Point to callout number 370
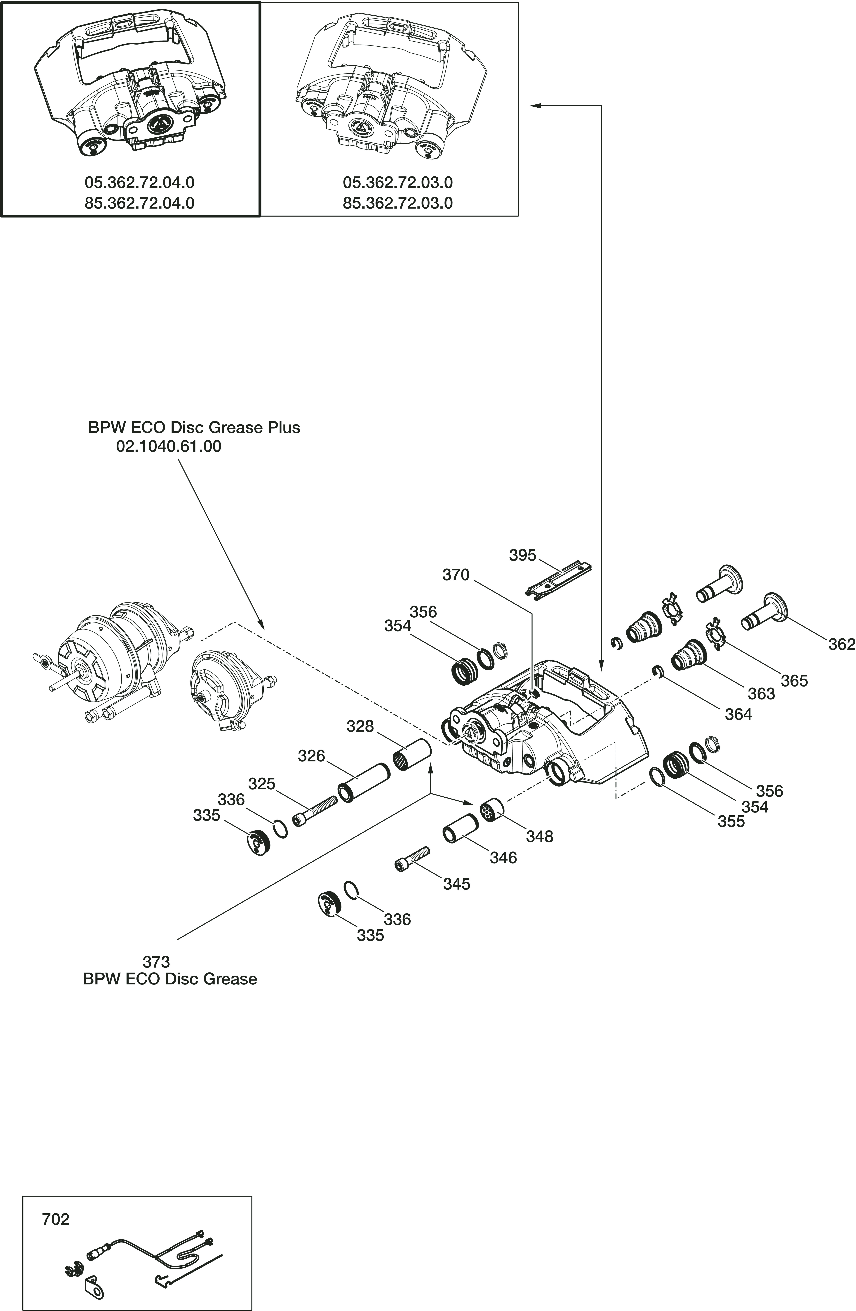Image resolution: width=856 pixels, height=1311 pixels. pyautogui.click(x=456, y=575)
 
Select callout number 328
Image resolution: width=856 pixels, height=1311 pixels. pyautogui.click(x=360, y=727)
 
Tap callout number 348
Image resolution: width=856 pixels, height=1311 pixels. pyautogui.click(x=539, y=836)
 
